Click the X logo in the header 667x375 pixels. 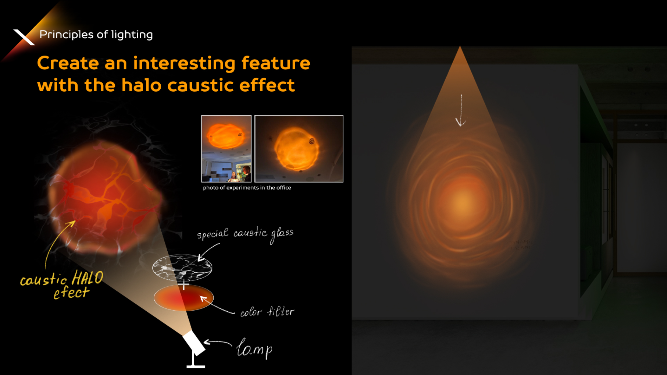click(x=24, y=37)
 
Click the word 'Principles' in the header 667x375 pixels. click(x=66, y=35)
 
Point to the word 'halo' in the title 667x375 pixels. click(x=141, y=85)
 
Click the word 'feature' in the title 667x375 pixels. click(x=276, y=63)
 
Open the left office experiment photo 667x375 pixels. click(x=226, y=149)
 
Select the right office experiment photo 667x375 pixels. click(x=299, y=149)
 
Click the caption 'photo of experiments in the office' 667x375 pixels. click(x=247, y=188)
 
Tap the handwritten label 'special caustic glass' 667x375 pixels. click(x=245, y=234)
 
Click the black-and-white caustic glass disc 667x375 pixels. click(x=182, y=268)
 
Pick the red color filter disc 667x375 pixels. click(x=183, y=298)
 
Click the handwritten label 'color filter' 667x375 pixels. click(x=267, y=312)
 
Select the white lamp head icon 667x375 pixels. click(x=194, y=343)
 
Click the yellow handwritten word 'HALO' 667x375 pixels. click(x=88, y=278)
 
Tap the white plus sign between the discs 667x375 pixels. click(x=183, y=284)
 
